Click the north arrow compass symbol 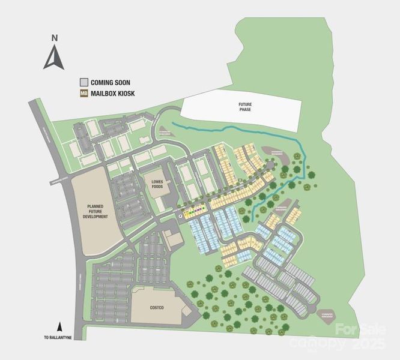(54, 58)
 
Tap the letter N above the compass (54, 38)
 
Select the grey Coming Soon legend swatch (84, 82)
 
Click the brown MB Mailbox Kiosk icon (84, 94)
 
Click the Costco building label (157, 307)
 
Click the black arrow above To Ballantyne (59, 328)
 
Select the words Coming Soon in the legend (111, 82)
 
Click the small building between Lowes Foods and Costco (175, 241)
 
